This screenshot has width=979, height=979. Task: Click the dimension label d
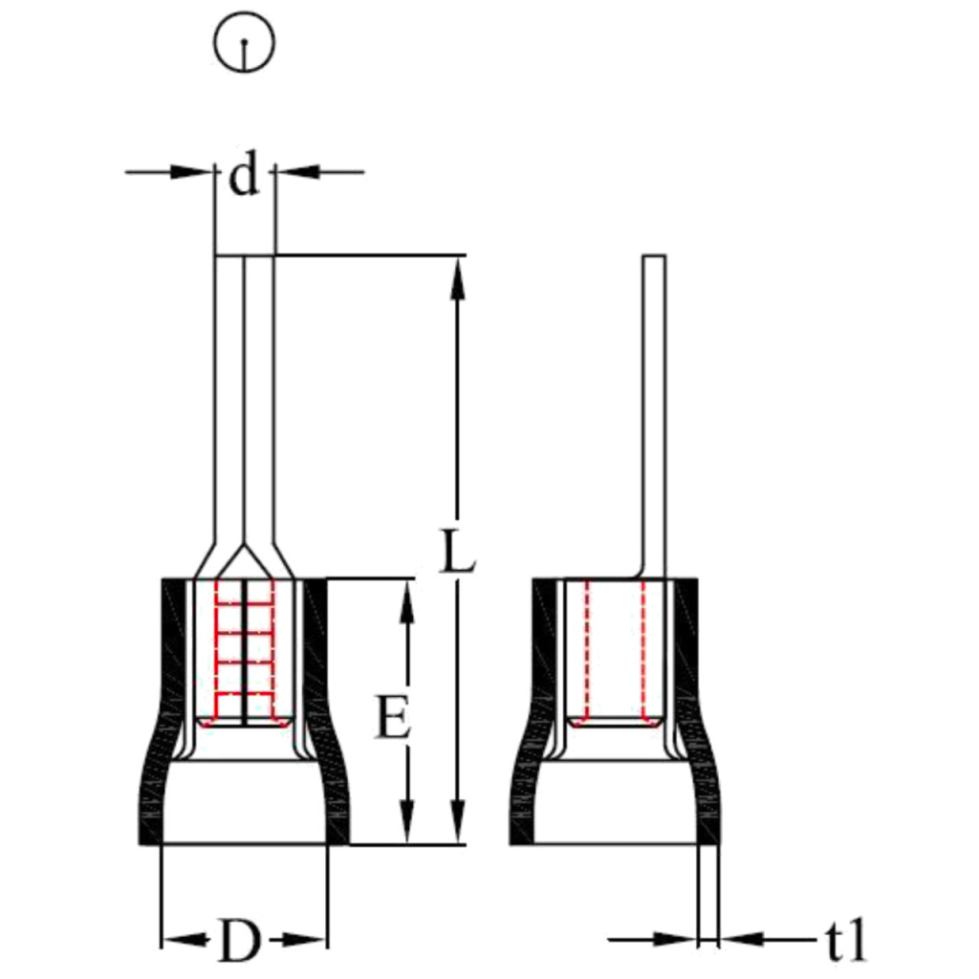245,176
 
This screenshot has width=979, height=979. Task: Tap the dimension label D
239,942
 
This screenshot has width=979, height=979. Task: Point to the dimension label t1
846,941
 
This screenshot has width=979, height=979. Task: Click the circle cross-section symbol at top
246,43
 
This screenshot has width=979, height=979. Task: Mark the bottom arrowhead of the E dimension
407,824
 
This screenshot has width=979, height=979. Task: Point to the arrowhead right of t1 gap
736,940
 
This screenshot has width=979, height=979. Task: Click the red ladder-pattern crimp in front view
244,650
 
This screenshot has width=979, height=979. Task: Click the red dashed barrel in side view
614,650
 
